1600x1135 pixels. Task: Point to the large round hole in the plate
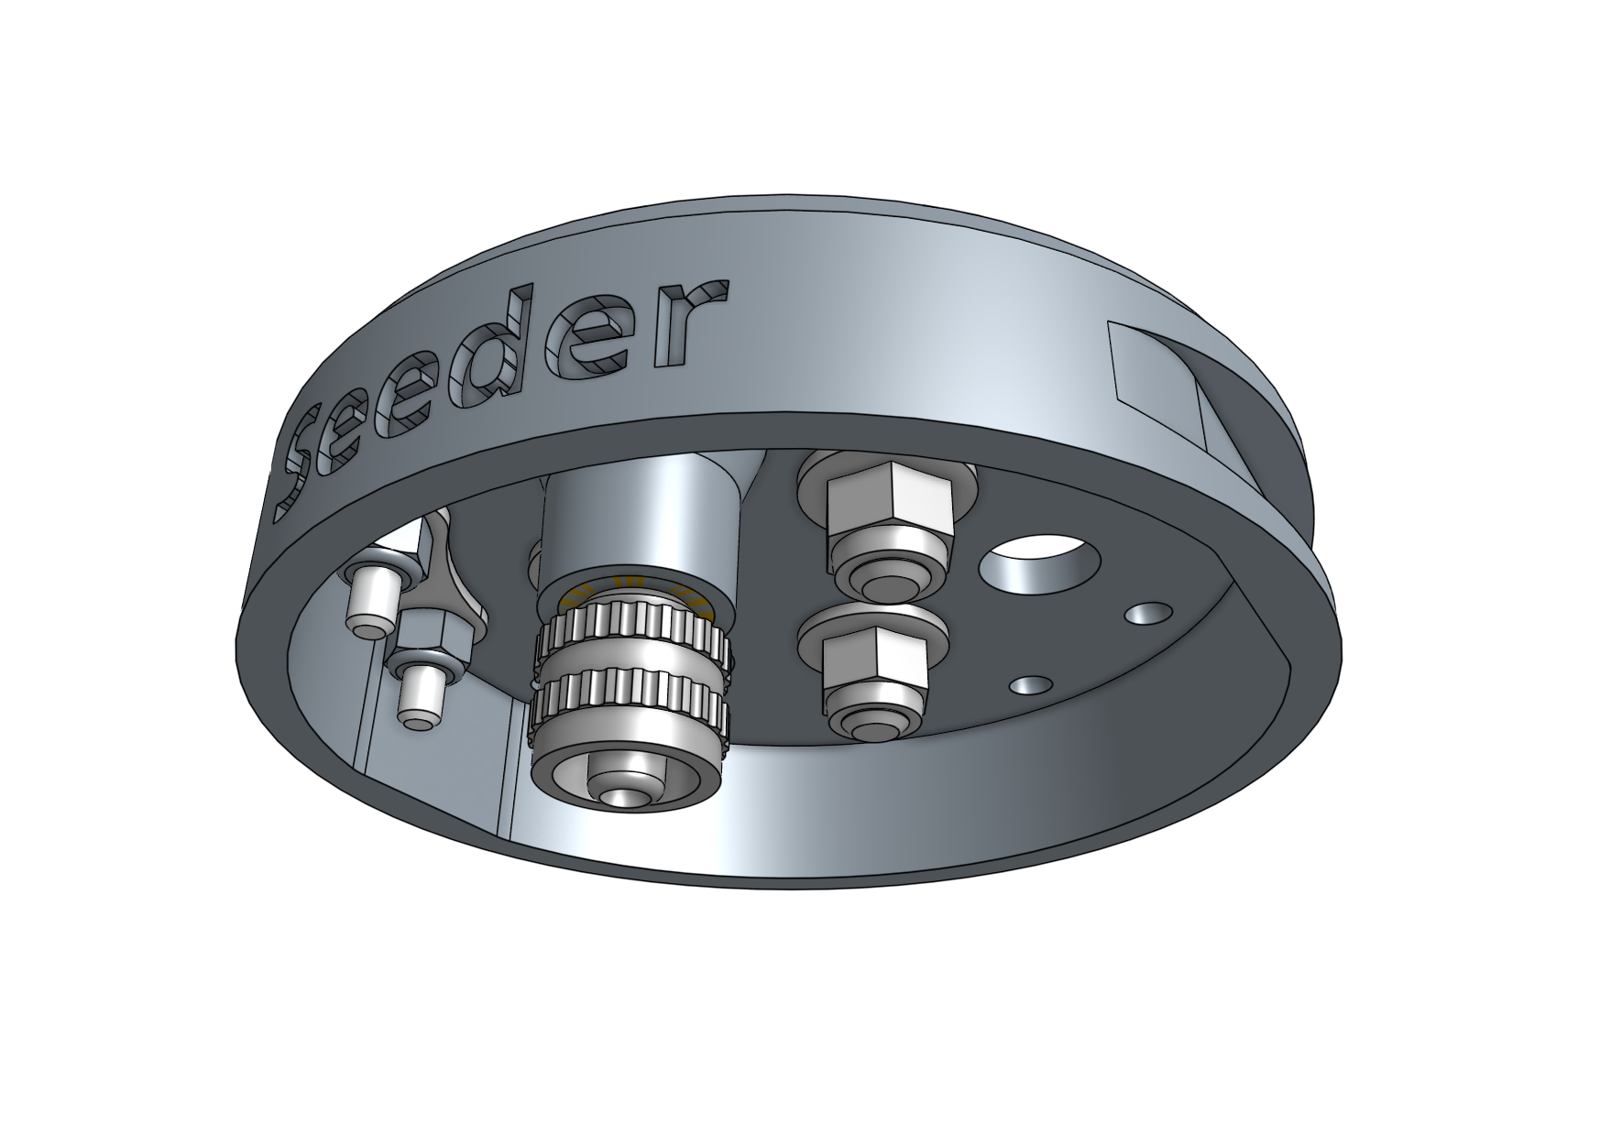point(1034,565)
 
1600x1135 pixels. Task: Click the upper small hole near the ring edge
point(1148,613)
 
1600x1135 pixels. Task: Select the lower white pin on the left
point(420,696)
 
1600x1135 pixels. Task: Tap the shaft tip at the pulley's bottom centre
point(624,795)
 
